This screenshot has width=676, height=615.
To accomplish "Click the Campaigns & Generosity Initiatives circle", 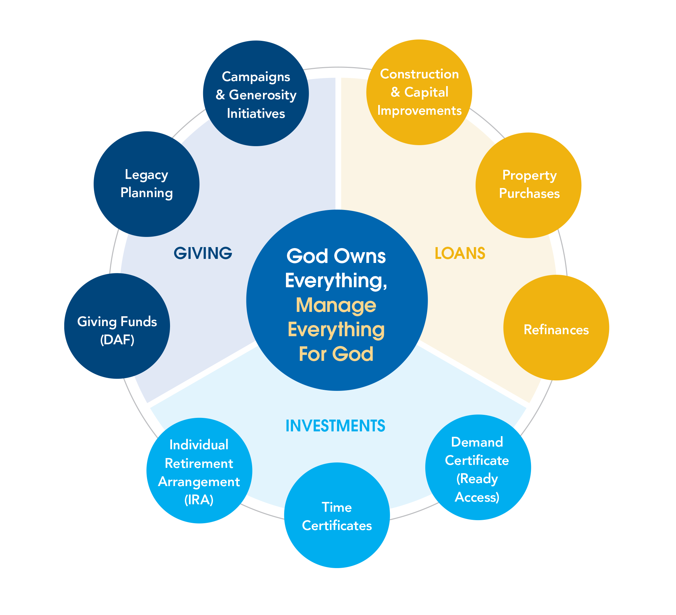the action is tap(256, 93).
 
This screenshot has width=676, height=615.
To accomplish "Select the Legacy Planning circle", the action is tap(146, 184).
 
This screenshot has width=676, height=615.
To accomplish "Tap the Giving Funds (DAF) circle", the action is tap(117, 326).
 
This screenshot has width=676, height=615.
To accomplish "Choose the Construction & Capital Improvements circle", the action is tap(419, 92).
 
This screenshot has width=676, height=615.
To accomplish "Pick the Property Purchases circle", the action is tap(528, 185).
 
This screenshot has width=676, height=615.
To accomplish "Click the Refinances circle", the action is tap(556, 327).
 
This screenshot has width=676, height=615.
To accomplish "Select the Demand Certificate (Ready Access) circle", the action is tap(478, 467).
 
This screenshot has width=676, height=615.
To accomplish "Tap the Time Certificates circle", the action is tap(337, 515).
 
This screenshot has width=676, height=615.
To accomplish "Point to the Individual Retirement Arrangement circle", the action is tap(199, 471).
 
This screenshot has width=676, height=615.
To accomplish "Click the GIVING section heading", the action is tap(203, 253).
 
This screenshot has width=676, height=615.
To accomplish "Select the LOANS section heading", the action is tap(460, 253).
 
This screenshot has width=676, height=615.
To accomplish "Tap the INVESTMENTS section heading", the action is tap(335, 426).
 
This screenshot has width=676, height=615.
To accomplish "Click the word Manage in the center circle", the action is tap(336, 306).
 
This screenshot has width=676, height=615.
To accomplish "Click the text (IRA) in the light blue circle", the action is tap(199, 500).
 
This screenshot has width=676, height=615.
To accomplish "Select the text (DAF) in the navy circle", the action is tap(117, 340).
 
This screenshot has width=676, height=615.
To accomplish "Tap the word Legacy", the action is tap(146, 175).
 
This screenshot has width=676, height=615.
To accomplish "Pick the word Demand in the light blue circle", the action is tap(477, 442).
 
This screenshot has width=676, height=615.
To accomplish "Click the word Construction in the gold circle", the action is tap(419, 74).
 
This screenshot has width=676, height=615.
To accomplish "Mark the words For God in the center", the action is tap(336, 354).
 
